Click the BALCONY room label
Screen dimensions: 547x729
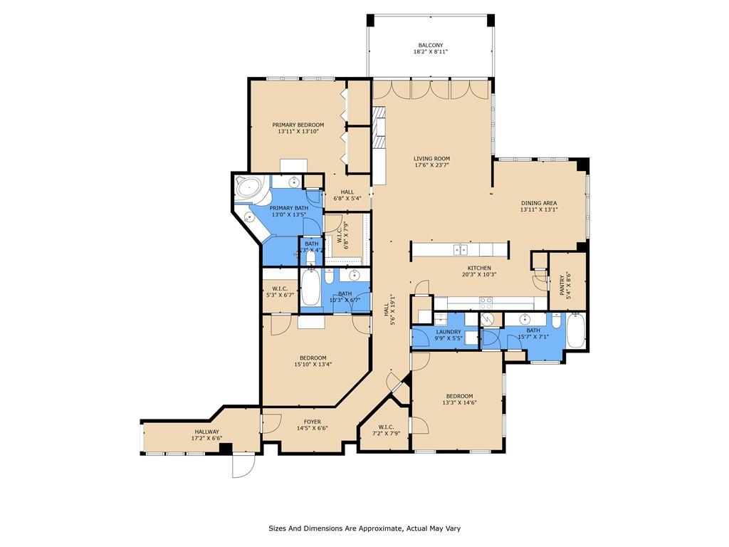click(431, 45)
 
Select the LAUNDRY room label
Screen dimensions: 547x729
click(448, 332)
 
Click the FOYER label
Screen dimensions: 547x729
click(313, 422)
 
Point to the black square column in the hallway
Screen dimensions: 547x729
click(225, 448)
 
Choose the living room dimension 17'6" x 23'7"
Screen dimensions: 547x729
click(432, 165)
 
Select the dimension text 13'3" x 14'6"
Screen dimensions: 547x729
click(459, 403)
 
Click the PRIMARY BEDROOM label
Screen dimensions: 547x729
click(298, 125)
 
